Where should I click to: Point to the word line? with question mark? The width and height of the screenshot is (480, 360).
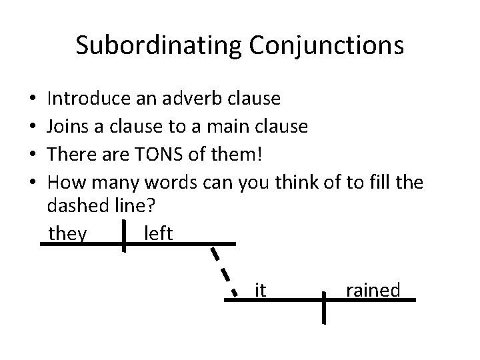pos(134,207)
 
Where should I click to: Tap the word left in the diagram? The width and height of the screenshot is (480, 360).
pos(158,234)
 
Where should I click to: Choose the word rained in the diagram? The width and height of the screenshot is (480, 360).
pos(373,290)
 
